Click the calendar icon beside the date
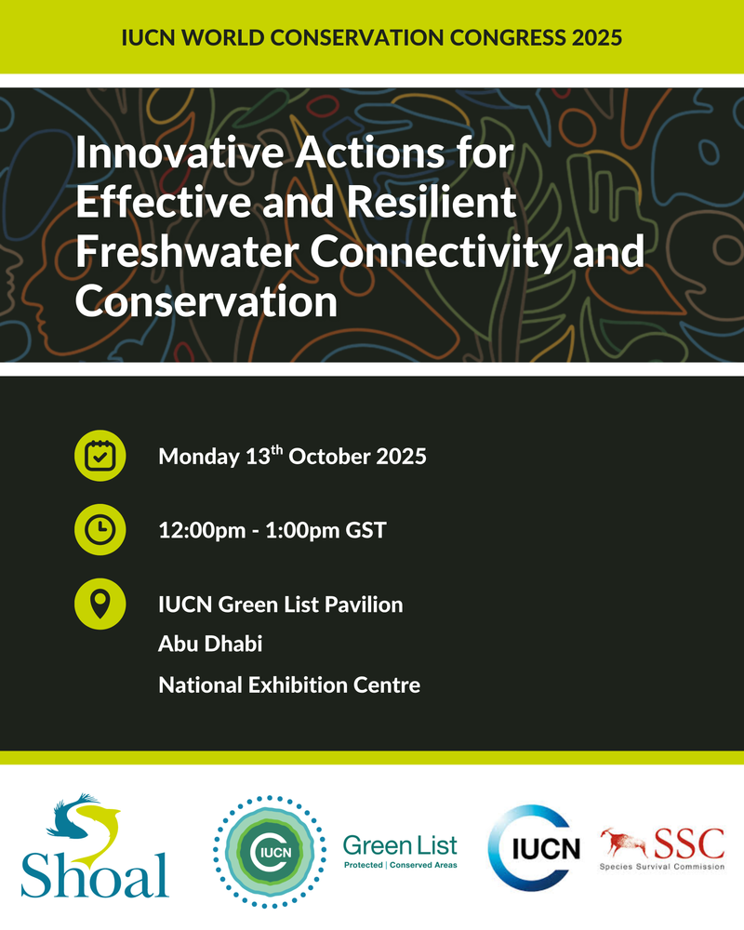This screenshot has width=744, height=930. tap(100, 456)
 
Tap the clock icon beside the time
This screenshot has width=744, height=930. tap(100, 530)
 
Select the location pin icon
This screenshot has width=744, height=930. tap(100, 604)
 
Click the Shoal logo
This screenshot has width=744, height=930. tap(95, 845)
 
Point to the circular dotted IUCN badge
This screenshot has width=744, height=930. tap(270, 852)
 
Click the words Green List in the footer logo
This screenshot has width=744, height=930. tap(400, 845)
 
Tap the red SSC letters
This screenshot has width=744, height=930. tap(689, 844)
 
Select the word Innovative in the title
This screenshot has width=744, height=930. tap(179, 153)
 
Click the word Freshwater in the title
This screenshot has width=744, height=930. tap(187, 251)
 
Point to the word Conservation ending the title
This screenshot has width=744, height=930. tap(206, 301)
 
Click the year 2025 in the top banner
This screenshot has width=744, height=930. tap(597, 37)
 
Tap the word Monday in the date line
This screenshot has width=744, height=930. tap(199, 457)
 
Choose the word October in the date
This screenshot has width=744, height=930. tap(329, 456)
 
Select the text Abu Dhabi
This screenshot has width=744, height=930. tap(210, 644)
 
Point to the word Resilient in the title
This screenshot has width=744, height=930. tap(432, 202)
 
